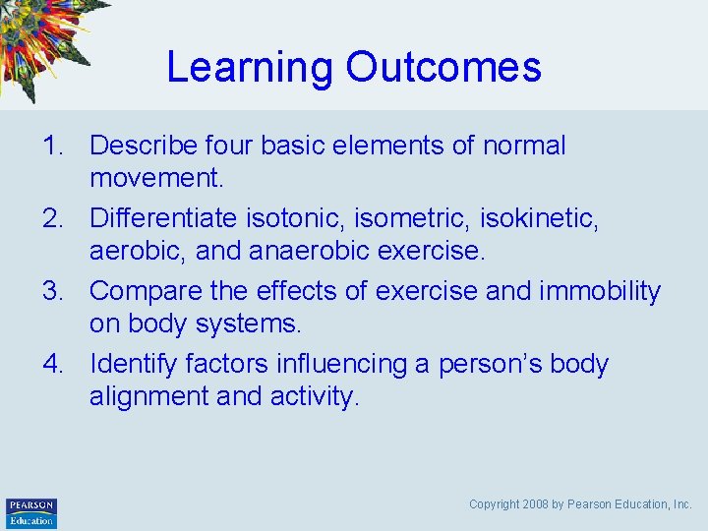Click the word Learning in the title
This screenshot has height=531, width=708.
coord(250,68)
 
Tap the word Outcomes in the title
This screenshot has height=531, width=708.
coord(443,67)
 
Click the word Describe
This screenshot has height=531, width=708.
coord(145,147)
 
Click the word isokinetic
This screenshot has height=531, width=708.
coord(547,219)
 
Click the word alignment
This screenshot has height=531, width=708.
coord(149,397)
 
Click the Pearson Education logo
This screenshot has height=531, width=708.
coord(30,512)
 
